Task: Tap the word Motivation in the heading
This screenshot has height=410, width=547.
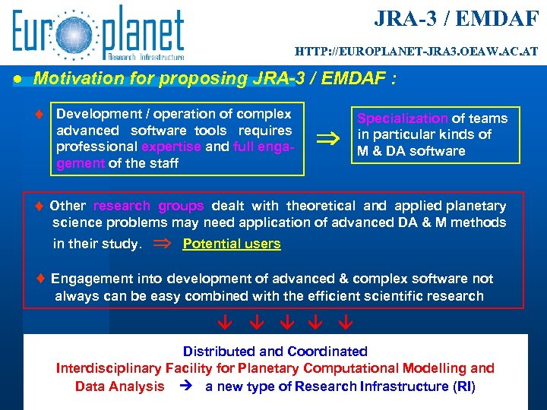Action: [x=74, y=79]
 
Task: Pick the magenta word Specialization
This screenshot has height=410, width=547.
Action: [x=403, y=118]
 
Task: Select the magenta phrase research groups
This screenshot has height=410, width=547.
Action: [x=148, y=206]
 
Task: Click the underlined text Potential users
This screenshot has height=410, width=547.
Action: [x=232, y=244]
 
